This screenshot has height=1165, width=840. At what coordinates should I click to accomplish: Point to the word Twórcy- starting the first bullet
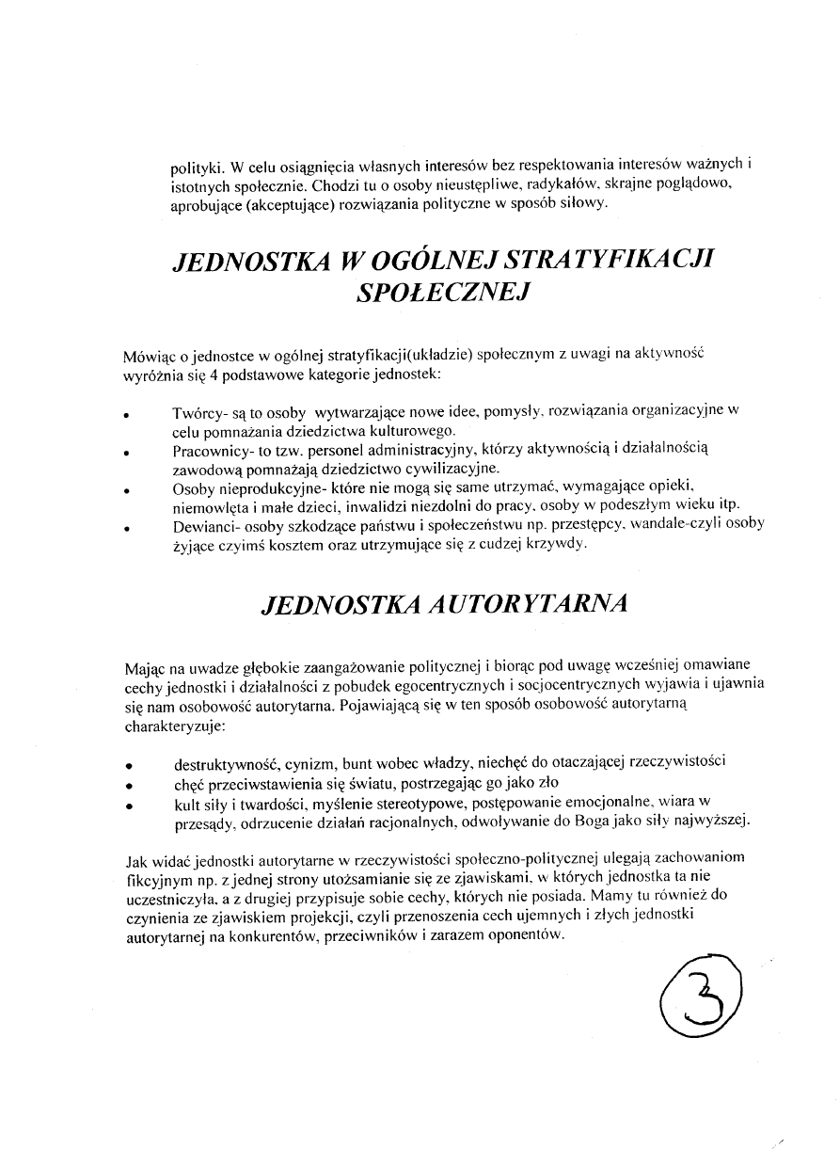coord(198,413)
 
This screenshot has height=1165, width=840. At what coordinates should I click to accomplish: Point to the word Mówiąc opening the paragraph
coord(150,356)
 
